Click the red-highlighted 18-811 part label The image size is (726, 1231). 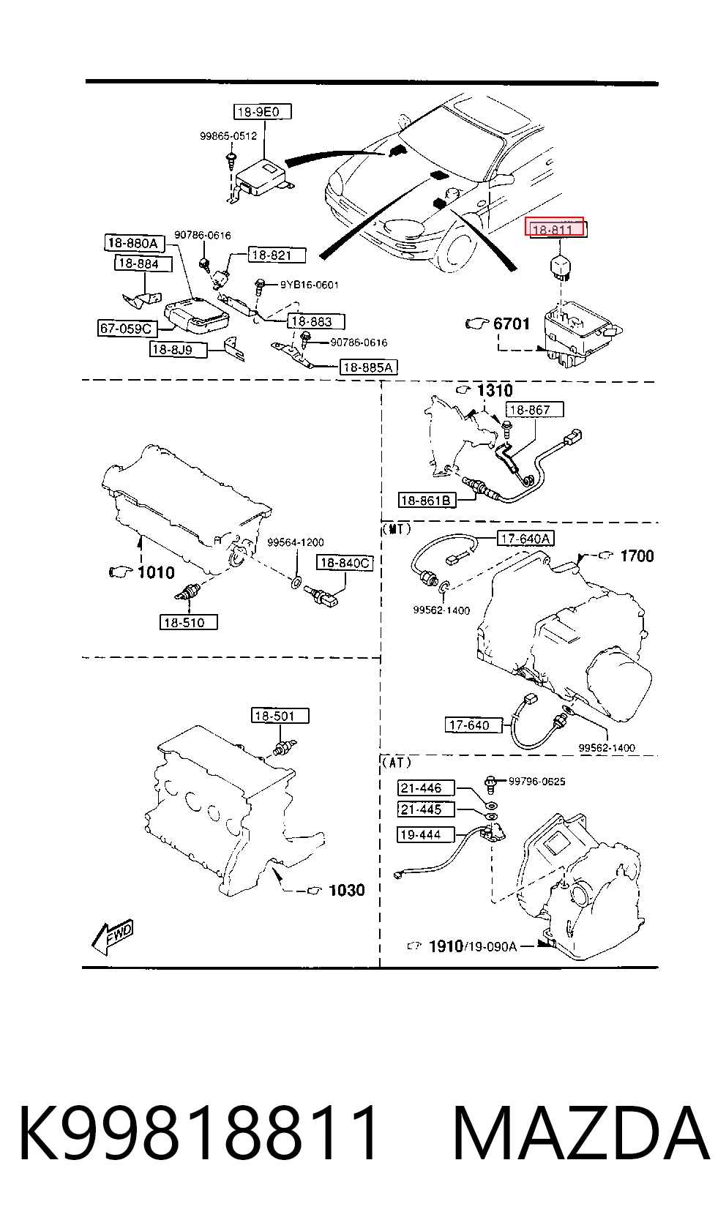coord(555,227)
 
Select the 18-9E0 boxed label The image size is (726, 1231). coord(262,112)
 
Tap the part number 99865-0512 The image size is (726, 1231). coord(228,135)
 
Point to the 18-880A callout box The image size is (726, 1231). coord(133,243)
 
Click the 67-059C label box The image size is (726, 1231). coord(126,328)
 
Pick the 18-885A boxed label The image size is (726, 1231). coord(368,367)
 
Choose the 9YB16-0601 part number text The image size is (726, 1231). coord(310,285)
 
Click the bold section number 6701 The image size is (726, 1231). coord(511,323)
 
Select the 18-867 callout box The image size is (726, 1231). coord(535,409)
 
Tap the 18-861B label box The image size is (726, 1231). coord(427,500)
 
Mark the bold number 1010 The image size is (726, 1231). coord(156,572)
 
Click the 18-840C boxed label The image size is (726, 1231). coord(344,563)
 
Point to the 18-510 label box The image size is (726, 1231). coord(189,623)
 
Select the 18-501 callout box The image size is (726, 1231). coord(280,716)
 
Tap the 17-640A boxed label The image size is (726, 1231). coord(525,539)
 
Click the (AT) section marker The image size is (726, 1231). coord(396,762)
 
